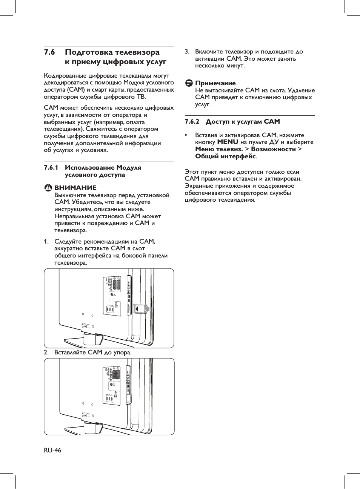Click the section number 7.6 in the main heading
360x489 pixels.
tap(49, 52)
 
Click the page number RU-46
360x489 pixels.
tap(52, 450)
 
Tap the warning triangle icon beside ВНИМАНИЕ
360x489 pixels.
tap(49, 188)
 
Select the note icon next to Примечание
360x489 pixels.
tap(189, 83)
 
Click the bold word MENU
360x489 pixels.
tap(228, 142)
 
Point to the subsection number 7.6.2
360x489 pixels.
tap(192, 122)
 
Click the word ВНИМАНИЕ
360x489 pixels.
tap(75, 188)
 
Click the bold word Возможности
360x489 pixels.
tap(273, 149)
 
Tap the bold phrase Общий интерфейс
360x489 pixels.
tap(226, 156)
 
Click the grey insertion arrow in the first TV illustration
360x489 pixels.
tap(147, 309)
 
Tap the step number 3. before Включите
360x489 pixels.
tap(187, 52)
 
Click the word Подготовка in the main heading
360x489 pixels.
tap(89, 52)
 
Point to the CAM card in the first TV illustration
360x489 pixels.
tap(139, 310)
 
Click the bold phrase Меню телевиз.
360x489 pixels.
tap(219, 149)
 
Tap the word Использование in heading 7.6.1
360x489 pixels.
tap(89, 168)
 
